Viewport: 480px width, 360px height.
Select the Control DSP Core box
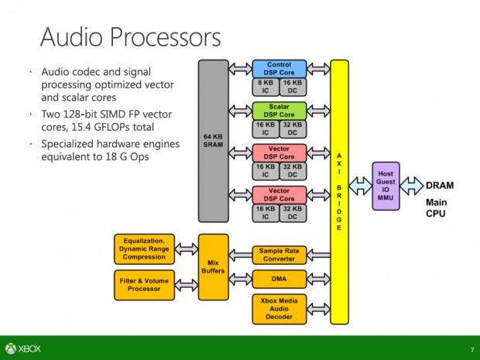pos(279,69)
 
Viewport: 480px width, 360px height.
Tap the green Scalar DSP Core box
pos(279,111)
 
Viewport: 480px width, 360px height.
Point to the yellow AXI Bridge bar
pos(339,190)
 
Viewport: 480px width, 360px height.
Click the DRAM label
pos(440,186)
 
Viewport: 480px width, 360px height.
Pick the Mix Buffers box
pos(213,266)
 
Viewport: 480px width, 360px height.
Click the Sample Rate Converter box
pos(279,255)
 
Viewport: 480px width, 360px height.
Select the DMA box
pos(279,279)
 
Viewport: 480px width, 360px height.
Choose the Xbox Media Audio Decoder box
pos(279,308)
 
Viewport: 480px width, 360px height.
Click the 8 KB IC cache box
pos(265,87)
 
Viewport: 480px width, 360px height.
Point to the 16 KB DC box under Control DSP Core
pos(293,87)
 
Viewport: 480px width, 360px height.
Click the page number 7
pos(471,348)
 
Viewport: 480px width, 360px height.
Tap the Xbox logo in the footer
pos(24,348)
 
